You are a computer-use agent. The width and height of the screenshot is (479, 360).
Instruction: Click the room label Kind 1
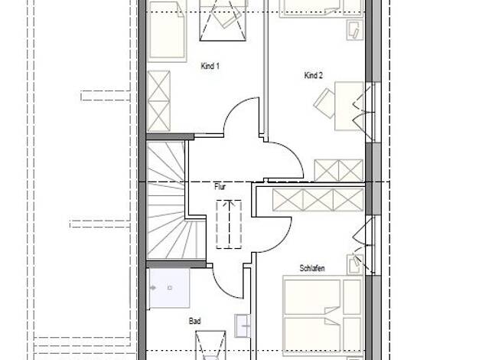pyautogui.click(x=210, y=66)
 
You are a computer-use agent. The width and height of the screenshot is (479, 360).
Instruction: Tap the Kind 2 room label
pyautogui.click(x=314, y=75)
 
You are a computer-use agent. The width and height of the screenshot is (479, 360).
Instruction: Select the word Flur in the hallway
pyautogui.click(x=220, y=187)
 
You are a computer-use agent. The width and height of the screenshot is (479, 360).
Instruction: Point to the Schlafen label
pyautogui.click(x=312, y=268)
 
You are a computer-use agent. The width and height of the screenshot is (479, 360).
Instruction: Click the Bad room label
pyautogui.click(x=195, y=321)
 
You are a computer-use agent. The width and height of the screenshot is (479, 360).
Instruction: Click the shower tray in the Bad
pyautogui.click(x=169, y=288)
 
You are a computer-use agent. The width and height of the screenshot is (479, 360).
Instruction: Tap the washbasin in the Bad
pyautogui.click(x=243, y=326)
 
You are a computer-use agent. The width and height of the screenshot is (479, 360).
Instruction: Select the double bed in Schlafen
pyautogui.click(x=323, y=316)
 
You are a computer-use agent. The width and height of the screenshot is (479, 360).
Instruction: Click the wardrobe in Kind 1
pyautogui.click(x=159, y=101)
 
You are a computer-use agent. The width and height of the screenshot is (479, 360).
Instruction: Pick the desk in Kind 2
pyautogui.click(x=350, y=106)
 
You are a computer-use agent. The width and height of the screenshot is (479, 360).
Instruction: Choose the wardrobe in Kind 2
pyautogui.click(x=339, y=170)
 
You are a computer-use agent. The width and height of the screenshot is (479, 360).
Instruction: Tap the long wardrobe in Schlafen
pyautogui.click(x=318, y=200)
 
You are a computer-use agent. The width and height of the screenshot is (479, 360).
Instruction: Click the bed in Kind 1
pyautogui.click(x=167, y=31)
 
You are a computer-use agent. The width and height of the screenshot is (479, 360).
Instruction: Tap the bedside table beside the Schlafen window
pyautogui.click(x=355, y=264)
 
